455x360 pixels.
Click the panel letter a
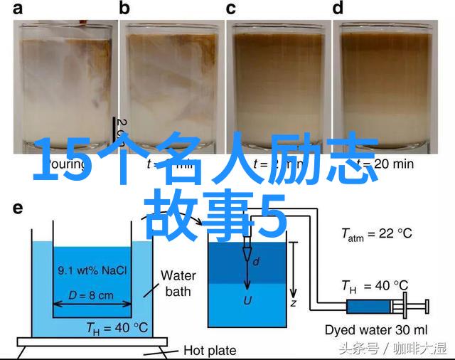[18, 9]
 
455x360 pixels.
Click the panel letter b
[124, 9]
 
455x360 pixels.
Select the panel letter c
[231, 9]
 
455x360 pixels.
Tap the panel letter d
[338, 9]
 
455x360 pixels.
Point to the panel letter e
[18, 208]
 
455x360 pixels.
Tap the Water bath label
[178, 282]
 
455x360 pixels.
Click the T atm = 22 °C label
[376, 234]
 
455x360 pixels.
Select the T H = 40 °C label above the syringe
[375, 287]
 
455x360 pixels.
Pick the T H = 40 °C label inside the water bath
[117, 328]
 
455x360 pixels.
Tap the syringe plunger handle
[427, 307]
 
